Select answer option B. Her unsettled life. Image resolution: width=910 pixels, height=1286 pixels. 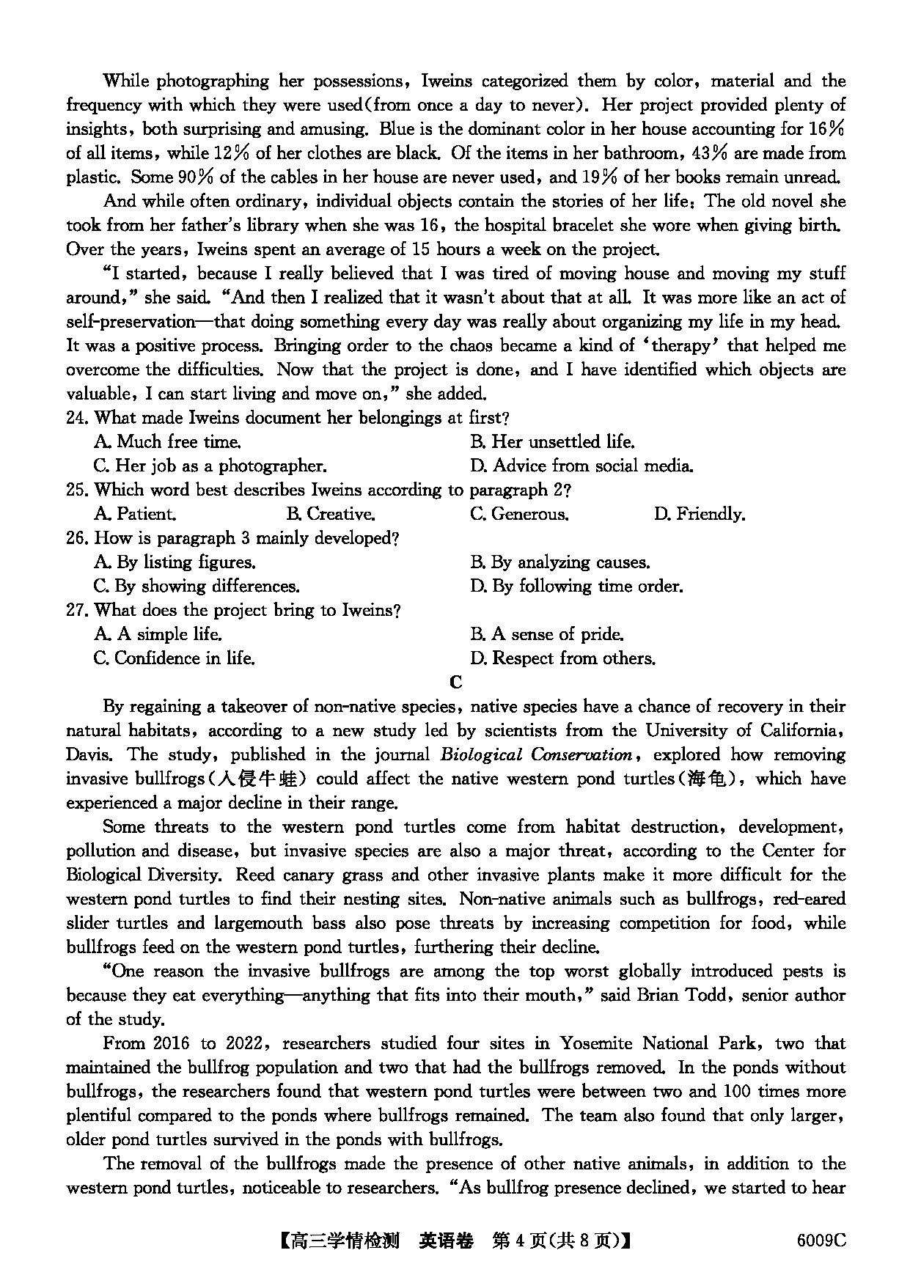pyautogui.click(x=552, y=442)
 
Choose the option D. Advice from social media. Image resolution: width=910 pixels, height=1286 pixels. pyautogui.click(x=581, y=466)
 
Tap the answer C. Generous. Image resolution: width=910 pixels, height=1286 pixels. pyautogui.click(x=519, y=514)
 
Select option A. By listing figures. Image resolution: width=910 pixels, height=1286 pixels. pyautogui.click(x=175, y=562)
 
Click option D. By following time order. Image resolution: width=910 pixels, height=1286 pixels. pyautogui.click(x=576, y=587)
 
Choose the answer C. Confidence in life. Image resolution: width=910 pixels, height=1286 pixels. pyautogui.click(x=175, y=658)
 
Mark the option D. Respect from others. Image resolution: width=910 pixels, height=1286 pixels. pyautogui.click(x=562, y=658)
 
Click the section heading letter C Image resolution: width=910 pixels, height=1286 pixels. pyautogui.click(x=455, y=683)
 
